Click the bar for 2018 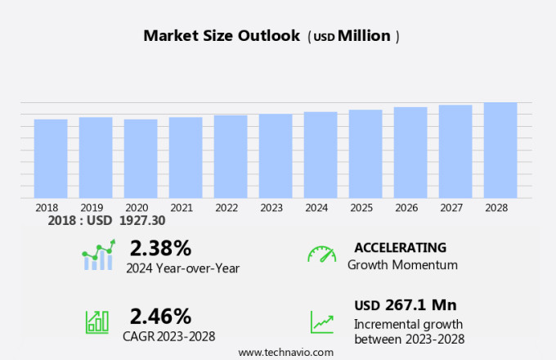[51, 159]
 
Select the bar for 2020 [141, 159]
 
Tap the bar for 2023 [276, 156]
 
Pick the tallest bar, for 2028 [500, 151]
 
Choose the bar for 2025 [365, 154]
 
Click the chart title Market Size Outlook [222, 36]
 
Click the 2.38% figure [160, 248]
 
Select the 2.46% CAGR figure [160, 316]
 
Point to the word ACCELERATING [400, 247]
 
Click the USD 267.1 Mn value [405, 305]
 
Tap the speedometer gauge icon [321, 254]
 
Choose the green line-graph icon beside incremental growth [321, 322]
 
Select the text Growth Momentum [402, 265]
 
